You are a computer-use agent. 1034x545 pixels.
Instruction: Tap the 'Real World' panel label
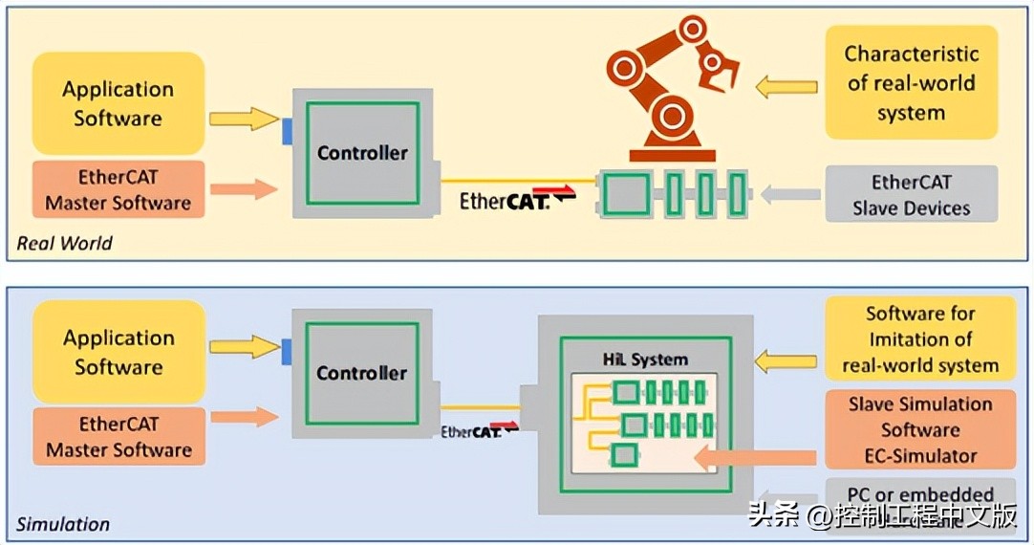65,243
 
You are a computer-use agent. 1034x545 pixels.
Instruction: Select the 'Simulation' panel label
63,524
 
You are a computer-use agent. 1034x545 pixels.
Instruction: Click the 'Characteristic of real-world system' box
911,83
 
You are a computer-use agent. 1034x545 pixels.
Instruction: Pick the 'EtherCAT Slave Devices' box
911,194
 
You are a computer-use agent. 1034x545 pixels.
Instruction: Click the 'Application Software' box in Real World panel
118,103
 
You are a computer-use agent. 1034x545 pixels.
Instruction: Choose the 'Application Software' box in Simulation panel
118,352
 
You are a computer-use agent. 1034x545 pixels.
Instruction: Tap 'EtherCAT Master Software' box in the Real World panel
118,189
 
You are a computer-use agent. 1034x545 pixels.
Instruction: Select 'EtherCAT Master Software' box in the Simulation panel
118,437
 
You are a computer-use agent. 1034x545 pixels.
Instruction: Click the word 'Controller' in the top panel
362,153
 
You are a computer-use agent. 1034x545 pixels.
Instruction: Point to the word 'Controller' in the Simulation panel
362,373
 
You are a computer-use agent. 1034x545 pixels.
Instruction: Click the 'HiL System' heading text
644,360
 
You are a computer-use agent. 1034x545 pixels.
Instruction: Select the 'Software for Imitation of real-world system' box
919,339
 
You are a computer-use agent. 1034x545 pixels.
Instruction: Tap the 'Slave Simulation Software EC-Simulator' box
919,429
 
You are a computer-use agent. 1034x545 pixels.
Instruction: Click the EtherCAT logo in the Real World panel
505,201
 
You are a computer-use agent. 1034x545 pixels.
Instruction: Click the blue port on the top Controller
287,131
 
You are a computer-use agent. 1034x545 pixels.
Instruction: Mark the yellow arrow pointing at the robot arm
786,87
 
